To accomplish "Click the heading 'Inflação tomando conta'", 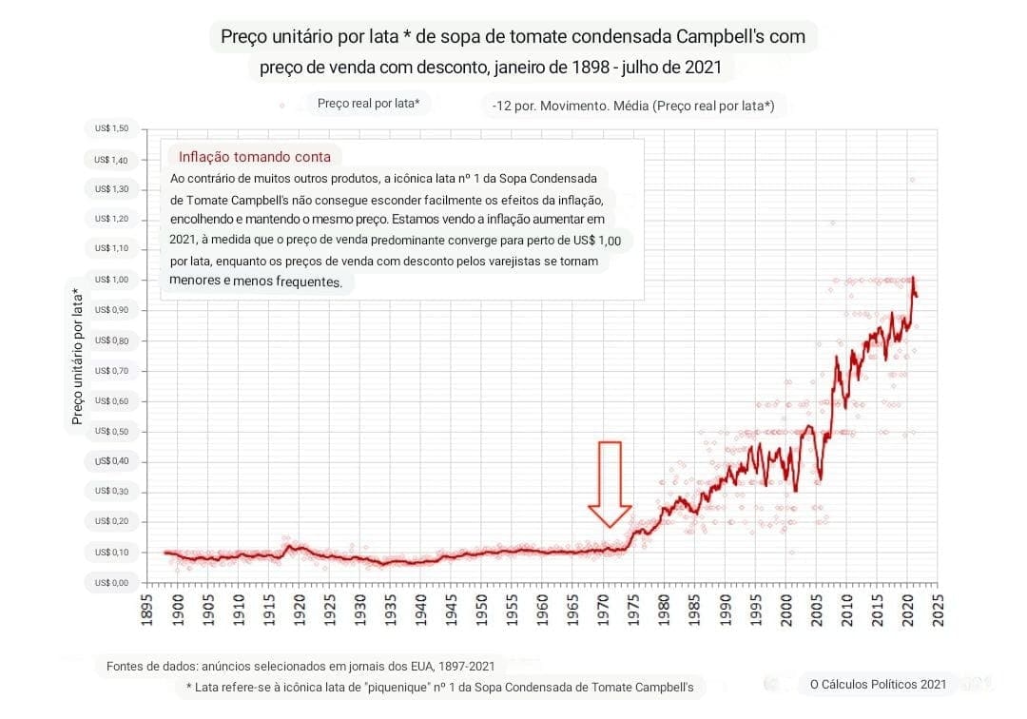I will click(x=255, y=157).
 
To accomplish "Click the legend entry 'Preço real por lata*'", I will click(x=368, y=104).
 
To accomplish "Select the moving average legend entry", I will click(x=633, y=106).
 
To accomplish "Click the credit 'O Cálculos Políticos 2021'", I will click(x=878, y=683).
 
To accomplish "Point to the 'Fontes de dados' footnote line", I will click(x=314, y=667).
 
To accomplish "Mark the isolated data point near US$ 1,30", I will click(x=912, y=180).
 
